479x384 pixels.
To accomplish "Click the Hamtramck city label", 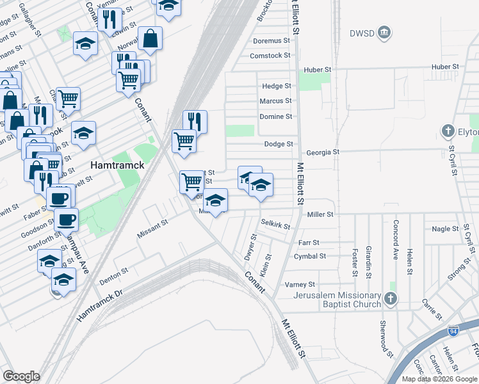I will [117, 164].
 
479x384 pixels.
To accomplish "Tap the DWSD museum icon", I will [384, 33].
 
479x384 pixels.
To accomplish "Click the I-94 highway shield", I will [453, 331].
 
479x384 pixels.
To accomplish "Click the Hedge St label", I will [277, 86].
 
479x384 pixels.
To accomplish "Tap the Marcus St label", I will [275, 101].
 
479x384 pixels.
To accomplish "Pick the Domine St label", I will [275, 116].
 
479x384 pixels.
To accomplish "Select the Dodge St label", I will [279, 145].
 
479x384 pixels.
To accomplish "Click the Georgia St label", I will [322, 152].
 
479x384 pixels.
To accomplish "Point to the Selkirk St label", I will [275, 225].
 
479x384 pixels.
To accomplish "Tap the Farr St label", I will [309, 243].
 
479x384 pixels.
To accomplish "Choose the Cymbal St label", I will [310, 257].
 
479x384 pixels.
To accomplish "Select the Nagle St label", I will [441, 229].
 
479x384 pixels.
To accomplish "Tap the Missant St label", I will [152, 229].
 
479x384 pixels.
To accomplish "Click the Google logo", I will [21, 376].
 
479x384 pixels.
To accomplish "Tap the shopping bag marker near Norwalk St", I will [150, 39].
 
